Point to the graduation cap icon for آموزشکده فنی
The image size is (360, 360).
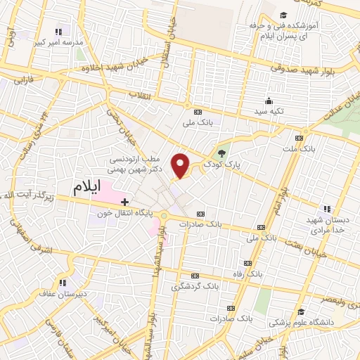click(283, 15)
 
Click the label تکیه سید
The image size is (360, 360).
click(268, 112)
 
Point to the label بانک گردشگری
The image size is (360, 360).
click(195, 286)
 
